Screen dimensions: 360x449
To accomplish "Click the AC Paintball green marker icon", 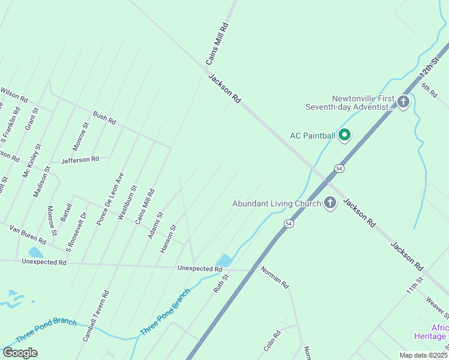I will click(x=345, y=136).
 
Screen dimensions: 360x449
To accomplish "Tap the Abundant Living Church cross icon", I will click(x=330, y=203).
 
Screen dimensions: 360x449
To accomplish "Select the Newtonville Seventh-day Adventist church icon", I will click(x=403, y=102).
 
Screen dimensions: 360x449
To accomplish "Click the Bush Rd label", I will click(x=104, y=118).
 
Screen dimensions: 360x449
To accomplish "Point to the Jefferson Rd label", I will click(x=80, y=160).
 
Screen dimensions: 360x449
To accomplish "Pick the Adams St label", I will click(x=155, y=225).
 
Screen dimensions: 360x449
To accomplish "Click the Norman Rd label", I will click(x=275, y=276).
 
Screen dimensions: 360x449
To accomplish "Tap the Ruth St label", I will click(x=221, y=283).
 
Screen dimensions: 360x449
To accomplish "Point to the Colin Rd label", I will click(x=273, y=341).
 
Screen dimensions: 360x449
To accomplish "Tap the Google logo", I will click(x=20, y=353).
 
